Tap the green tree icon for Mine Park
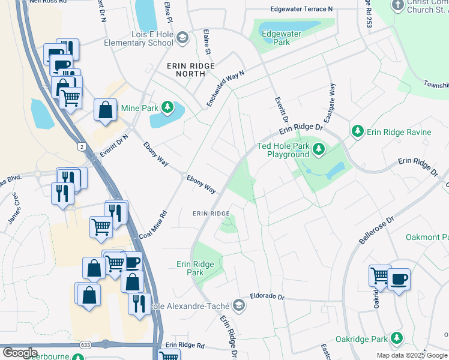point(169,109)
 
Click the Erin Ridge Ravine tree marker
point(358,131)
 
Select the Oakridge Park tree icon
point(396,339)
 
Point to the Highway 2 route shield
point(82,146)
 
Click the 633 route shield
point(105,344)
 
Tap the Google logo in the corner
point(20,353)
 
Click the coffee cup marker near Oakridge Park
point(399,280)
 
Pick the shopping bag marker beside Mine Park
point(106,110)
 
